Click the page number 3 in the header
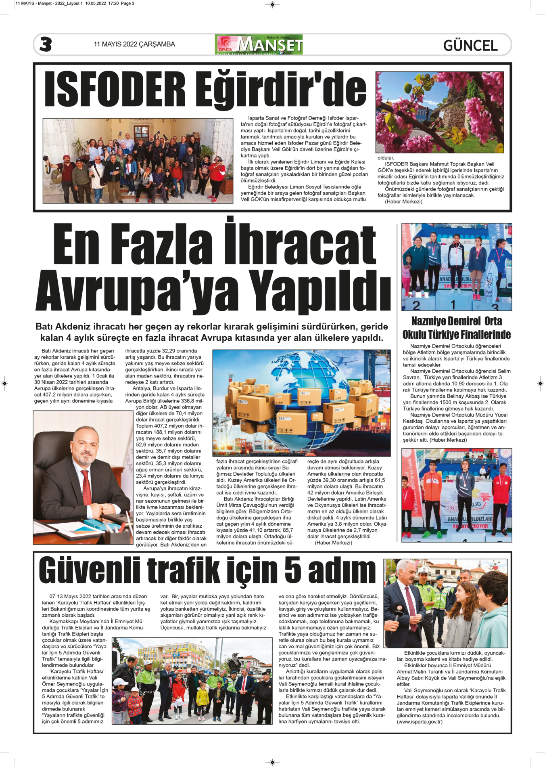tap(46, 44)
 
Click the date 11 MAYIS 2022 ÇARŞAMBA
tap(134, 44)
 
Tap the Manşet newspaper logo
tap(259, 44)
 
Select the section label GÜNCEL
tap(470, 46)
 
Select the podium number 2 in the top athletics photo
tap(416, 305)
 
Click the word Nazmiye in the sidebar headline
tap(429, 321)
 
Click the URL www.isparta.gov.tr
tap(420, 722)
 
